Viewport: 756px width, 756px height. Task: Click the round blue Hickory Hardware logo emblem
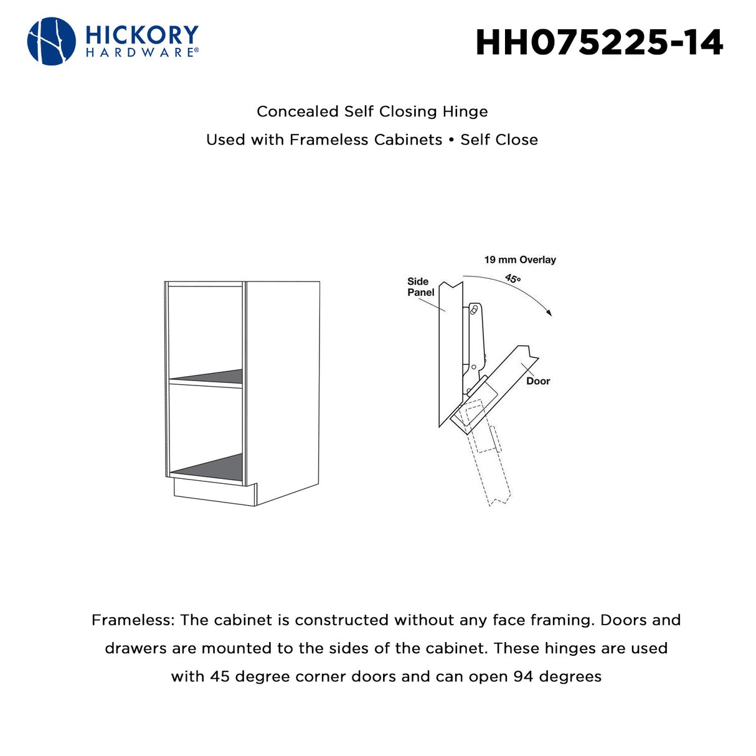coord(52,41)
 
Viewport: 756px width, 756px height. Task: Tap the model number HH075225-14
coord(599,42)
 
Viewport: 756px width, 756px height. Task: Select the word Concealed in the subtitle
coord(298,111)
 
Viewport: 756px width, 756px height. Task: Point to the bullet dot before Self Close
coord(451,139)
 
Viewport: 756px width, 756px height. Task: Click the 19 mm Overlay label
coord(520,260)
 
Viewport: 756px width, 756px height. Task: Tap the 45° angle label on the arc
coord(513,278)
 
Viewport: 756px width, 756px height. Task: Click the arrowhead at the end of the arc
coord(549,312)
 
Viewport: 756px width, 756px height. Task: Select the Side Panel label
coord(420,287)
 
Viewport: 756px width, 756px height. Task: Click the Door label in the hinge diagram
coord(538,381)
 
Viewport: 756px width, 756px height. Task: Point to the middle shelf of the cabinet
coord(206,379)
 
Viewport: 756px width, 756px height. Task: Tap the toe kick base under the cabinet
coord(215,494)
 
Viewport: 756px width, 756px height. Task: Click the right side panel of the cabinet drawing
coord(283,392)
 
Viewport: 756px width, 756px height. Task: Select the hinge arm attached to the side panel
coord(475,345)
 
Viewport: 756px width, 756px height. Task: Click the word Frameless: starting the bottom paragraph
coord(133,620)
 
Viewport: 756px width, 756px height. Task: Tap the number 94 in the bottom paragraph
coord(523,677)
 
